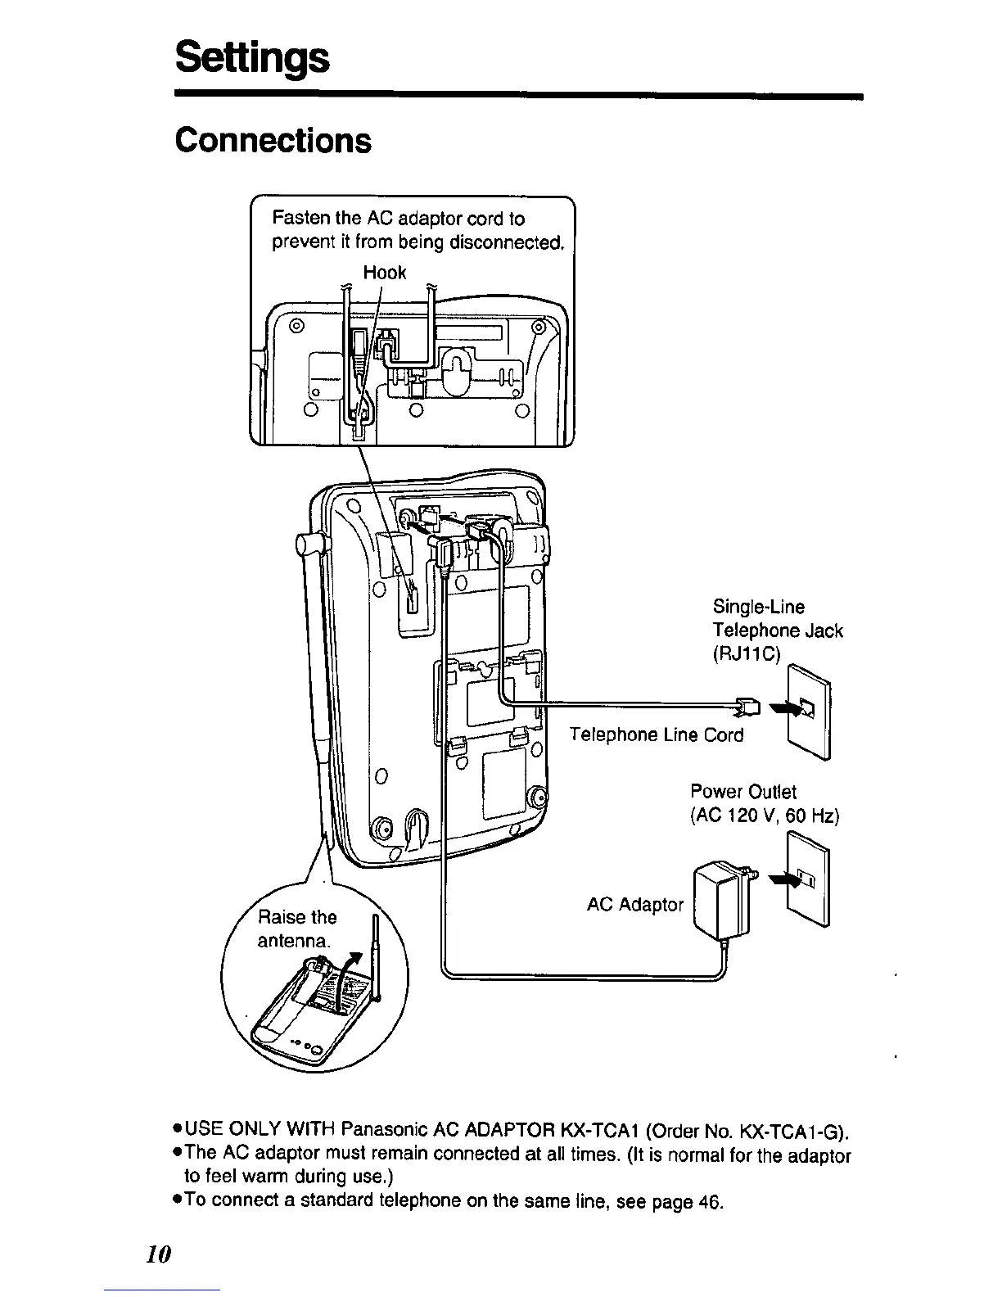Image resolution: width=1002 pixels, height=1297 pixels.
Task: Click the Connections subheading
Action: tap(273, 140)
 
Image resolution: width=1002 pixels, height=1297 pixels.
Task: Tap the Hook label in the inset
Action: tap(384, 273)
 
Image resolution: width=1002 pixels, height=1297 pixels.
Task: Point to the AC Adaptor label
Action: tap(634, 905)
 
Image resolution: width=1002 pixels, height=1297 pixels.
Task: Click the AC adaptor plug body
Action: tap(721, 901)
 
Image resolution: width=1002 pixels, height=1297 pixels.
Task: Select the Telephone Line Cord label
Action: tap(657, 734)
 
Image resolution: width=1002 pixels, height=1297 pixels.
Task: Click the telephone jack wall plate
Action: tap(810, 711)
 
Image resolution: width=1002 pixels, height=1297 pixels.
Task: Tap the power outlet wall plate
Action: tap(808, 879)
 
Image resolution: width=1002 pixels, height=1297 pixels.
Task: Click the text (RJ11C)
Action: tap(747, 654)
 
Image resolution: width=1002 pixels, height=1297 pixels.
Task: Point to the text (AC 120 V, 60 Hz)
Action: tap(765, 816)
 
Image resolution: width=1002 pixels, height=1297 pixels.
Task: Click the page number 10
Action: tap(160, 1254)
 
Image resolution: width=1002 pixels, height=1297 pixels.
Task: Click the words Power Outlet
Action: tap(742, 792)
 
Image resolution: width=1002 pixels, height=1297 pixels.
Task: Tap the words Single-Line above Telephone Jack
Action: tap(758, 607)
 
